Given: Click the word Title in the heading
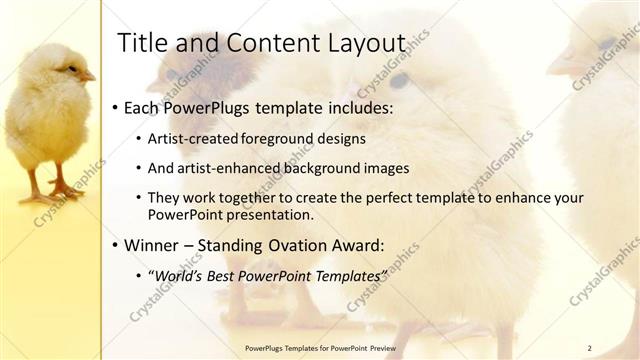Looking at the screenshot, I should pos(141,43).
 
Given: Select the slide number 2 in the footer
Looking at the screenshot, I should pos(589,348).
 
